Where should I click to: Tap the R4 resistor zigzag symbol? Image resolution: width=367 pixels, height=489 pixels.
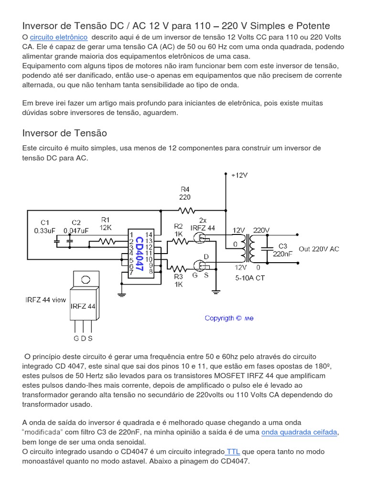coord(186,210)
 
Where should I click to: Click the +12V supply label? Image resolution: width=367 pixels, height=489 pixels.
coord(239,175)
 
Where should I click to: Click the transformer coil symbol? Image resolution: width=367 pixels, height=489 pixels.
coord(248,248)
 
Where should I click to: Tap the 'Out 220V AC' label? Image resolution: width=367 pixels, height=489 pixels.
coord(319,249)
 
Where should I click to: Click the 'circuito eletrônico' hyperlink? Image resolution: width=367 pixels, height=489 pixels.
coord(59,37)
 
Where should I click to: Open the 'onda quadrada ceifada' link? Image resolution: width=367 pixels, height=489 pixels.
coord(299,432)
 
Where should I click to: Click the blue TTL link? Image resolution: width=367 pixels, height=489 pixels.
coord(233,451)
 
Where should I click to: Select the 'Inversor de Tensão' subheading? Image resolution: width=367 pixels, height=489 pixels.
coord(65,133)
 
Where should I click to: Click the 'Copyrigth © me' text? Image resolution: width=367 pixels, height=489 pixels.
coord(229,318)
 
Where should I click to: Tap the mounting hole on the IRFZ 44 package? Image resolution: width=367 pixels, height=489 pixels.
coord(86,279)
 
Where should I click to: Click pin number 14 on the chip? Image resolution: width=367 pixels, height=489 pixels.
coord(149,234)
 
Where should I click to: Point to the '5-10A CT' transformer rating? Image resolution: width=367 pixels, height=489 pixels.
coord(250,277)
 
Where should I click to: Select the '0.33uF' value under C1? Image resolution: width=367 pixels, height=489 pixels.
coord(44,230)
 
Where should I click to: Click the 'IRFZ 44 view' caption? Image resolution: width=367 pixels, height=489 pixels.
coord(45,300)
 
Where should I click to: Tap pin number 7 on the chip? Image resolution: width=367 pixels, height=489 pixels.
coord(130,273)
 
